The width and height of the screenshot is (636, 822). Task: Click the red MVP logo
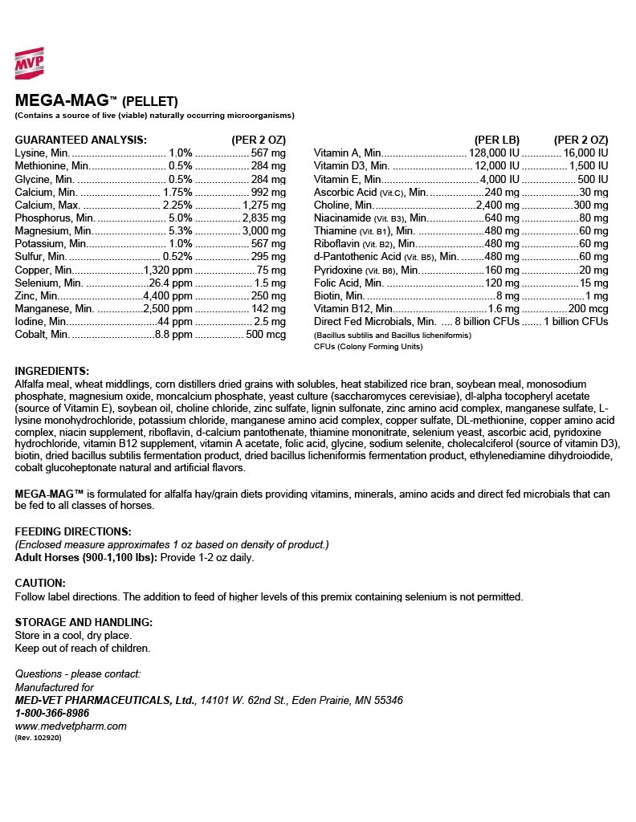click(x=29, y=63)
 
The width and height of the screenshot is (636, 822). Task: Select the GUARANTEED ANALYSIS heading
click(x=80, y=139)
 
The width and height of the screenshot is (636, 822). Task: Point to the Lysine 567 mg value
click(x=268, y=153)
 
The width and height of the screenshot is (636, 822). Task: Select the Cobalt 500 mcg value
click(x=266, y=334)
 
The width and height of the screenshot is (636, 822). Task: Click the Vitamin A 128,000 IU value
click(x=494, y=153)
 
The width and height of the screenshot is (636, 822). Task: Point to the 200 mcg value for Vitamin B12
click(x=589, y=308)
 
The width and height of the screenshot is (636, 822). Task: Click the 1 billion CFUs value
click(x=576, y=321)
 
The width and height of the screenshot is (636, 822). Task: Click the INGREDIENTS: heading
click(x=51, y=371)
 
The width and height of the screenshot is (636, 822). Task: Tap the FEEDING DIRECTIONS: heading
click(x=73, y=531)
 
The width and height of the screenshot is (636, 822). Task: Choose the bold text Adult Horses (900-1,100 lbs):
click(x=86, y=557)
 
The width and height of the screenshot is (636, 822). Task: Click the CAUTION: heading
click(x=40, y=583)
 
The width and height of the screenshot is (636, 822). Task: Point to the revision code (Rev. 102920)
click(x=38, y=737)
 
